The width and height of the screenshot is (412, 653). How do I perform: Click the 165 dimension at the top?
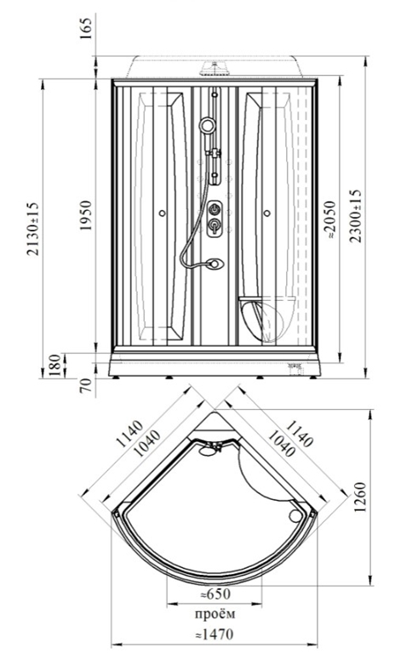pos(85,27)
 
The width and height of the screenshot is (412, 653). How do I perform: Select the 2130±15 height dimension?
pos(32,228)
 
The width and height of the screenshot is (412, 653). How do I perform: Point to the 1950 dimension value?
pos(85,216)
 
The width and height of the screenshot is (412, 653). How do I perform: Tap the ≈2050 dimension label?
pos(330,219)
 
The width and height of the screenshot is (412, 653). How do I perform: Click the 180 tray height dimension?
pos(54,366)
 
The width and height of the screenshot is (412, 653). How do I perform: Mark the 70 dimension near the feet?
pos(85,386)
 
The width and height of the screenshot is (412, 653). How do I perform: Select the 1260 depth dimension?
pos(359,497)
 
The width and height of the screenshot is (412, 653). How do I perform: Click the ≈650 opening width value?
pos(215,594)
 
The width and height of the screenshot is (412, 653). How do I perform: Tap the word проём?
pos(215,614)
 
